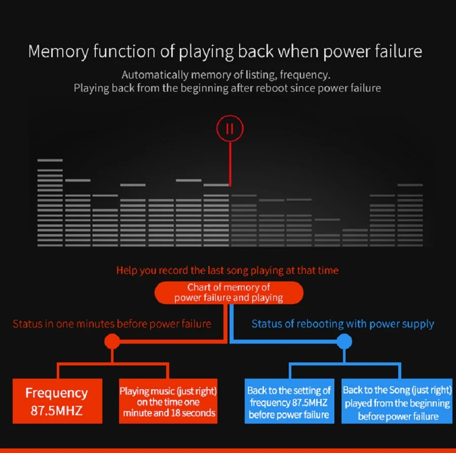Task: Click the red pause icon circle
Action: [x=230, y=129]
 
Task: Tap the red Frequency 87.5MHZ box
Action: [x=57, y=401]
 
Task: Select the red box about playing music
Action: [x=168, y=401]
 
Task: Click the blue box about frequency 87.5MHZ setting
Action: [x=289, y=402]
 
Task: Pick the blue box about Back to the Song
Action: [x=397, y=403]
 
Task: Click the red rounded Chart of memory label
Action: [x=229, y=293]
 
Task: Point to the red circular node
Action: [x=112, y=341]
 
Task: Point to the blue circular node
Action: [x=345, y=341]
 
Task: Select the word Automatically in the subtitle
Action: [x=155, y=75]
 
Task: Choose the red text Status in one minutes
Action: [x=112, y=323]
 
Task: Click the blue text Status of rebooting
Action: [x=343, y=323]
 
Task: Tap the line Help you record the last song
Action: [x=227, y=270]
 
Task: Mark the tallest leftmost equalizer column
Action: [x=50, y=202]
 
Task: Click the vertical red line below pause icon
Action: [x=231, y=163]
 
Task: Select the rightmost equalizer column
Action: [x=410, y=215]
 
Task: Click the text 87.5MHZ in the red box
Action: [x=57, y=410]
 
